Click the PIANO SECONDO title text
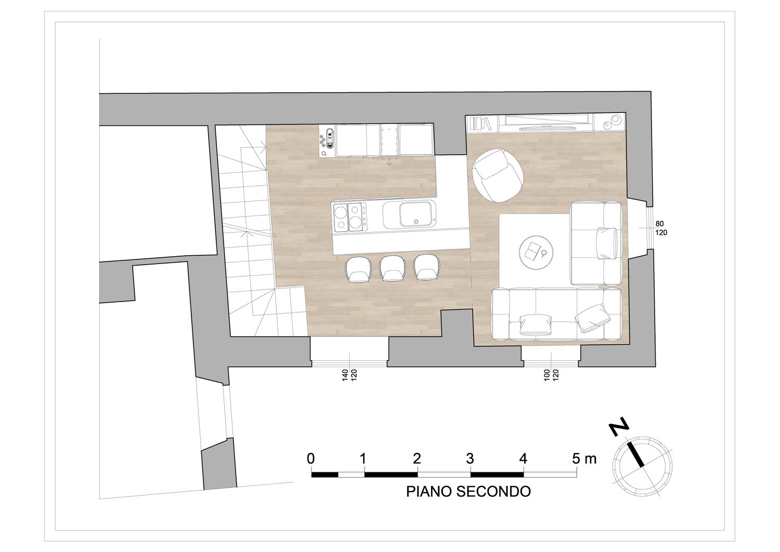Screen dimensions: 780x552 469,492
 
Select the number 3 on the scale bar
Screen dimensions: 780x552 470,459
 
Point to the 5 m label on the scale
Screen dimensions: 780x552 584,459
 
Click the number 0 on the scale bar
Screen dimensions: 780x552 310,459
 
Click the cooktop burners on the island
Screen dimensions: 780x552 350,218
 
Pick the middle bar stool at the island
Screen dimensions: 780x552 392,268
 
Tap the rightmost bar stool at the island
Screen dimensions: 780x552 426,267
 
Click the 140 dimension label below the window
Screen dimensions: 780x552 345,375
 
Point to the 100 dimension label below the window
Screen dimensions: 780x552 547,375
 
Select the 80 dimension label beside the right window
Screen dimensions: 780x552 659,224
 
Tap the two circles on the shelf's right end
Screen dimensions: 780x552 612,122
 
